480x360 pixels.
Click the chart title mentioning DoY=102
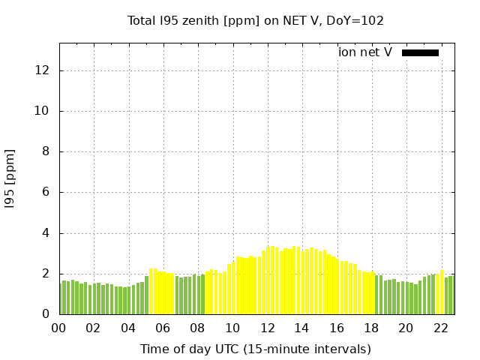(256, 20)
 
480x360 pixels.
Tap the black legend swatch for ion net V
(420, 52)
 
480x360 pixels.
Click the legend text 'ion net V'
(365, 52)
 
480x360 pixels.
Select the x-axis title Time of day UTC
(256, 349)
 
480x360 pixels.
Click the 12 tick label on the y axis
(42, 70)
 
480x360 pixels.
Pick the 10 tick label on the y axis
(42, 111)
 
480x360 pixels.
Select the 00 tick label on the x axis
(58, 328)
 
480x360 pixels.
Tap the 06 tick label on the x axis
(163, 328)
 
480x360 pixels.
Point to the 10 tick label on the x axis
(232, 328)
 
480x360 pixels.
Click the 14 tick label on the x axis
(301, 328)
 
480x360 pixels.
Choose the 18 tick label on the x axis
(370, 328)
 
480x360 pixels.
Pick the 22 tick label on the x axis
(440, 328)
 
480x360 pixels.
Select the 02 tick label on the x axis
(93, 328)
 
